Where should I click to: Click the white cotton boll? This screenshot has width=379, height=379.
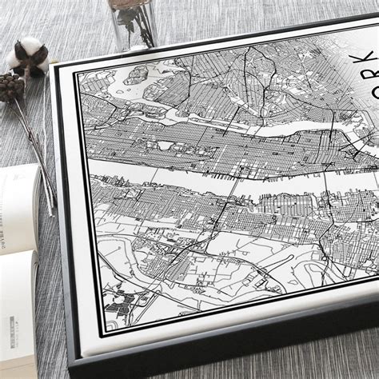point(30,53)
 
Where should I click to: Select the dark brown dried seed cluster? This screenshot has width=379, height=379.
point(10,87)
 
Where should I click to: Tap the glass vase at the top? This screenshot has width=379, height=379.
point(133,22)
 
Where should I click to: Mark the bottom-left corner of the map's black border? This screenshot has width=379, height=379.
point(102,330)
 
